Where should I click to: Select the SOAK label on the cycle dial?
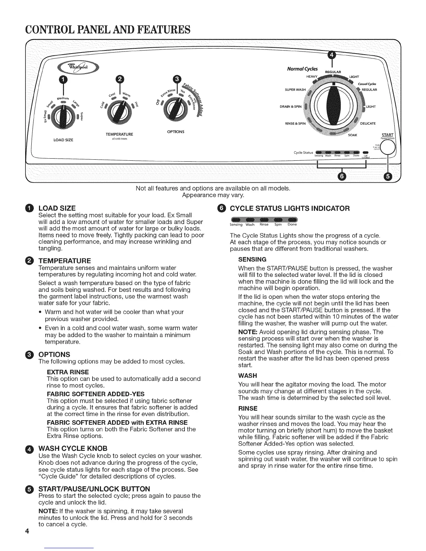[x=353, y=135]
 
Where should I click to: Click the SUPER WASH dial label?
[x=295, y=90]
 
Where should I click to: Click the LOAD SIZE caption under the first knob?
[x=63, y=140]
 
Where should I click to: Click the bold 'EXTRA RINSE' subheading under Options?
[x=68, y=372]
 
